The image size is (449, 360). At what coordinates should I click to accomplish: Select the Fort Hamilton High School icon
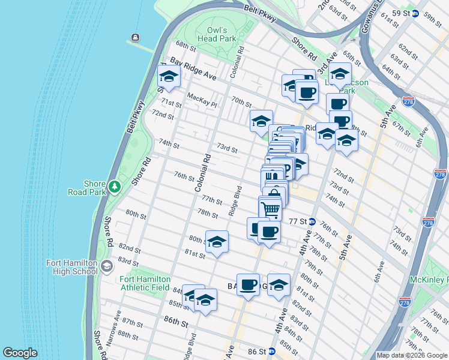[107, 266]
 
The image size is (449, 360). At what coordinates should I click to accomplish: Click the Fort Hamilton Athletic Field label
[145, 283]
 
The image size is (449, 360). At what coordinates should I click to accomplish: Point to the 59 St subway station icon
[415, 13]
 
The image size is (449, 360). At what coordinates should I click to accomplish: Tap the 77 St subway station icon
[312, 221]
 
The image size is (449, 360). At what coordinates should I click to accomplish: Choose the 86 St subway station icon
[271, 351]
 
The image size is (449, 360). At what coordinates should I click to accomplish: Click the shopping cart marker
[270, 209]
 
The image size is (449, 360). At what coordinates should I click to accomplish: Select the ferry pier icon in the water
[135, 38]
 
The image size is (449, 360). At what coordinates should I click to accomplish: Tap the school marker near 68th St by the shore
[169, 77]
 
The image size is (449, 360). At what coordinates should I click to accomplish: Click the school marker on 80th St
[217, 242]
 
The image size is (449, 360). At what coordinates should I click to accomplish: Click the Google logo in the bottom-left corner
[20, 353]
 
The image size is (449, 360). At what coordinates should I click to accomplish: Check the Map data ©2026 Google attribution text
[411, 355]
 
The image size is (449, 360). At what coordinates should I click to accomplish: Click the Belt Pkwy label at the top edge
[260, 13]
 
